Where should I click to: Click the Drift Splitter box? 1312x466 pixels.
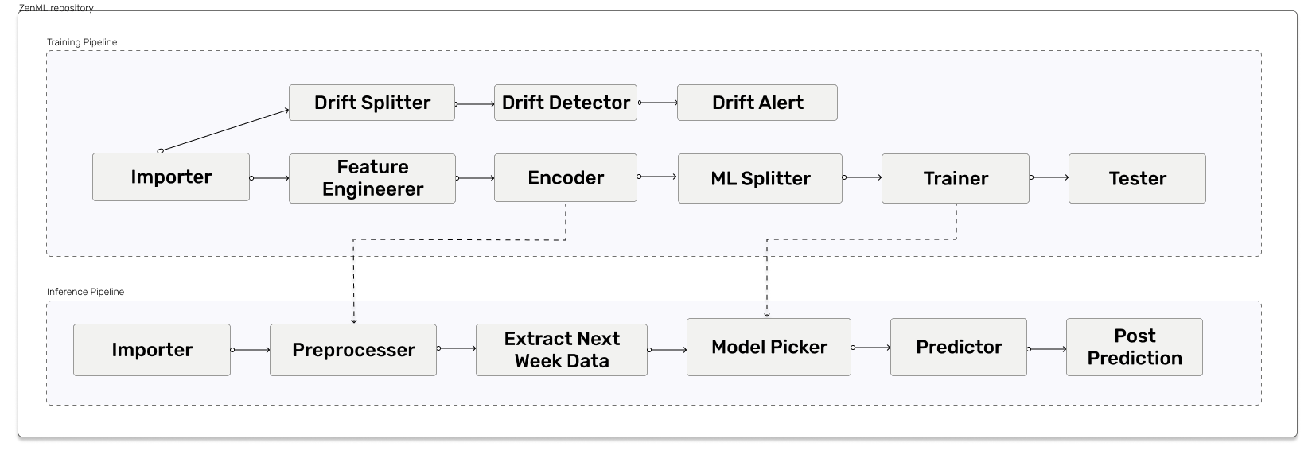372,103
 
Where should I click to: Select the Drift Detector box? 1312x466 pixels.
566,103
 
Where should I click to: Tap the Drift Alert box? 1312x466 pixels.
757,103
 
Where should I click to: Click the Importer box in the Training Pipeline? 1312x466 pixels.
171,177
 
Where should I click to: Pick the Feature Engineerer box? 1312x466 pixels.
372,179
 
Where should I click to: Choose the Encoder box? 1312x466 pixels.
566,177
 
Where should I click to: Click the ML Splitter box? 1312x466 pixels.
761,179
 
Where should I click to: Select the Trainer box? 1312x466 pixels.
956,179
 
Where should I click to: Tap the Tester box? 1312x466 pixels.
1138,179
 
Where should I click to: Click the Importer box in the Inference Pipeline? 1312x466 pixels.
152,350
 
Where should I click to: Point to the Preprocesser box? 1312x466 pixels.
353,350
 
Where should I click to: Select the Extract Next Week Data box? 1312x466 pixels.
562,350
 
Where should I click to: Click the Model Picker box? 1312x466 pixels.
769,348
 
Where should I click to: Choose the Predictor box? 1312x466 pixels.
959,348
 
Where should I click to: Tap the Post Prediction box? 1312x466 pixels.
1135,348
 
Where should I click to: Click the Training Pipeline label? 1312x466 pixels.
82,42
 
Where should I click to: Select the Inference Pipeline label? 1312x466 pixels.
85,292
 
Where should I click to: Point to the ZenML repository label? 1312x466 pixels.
56,8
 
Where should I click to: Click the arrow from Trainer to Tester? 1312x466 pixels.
1049,177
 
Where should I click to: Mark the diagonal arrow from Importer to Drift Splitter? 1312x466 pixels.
224,130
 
